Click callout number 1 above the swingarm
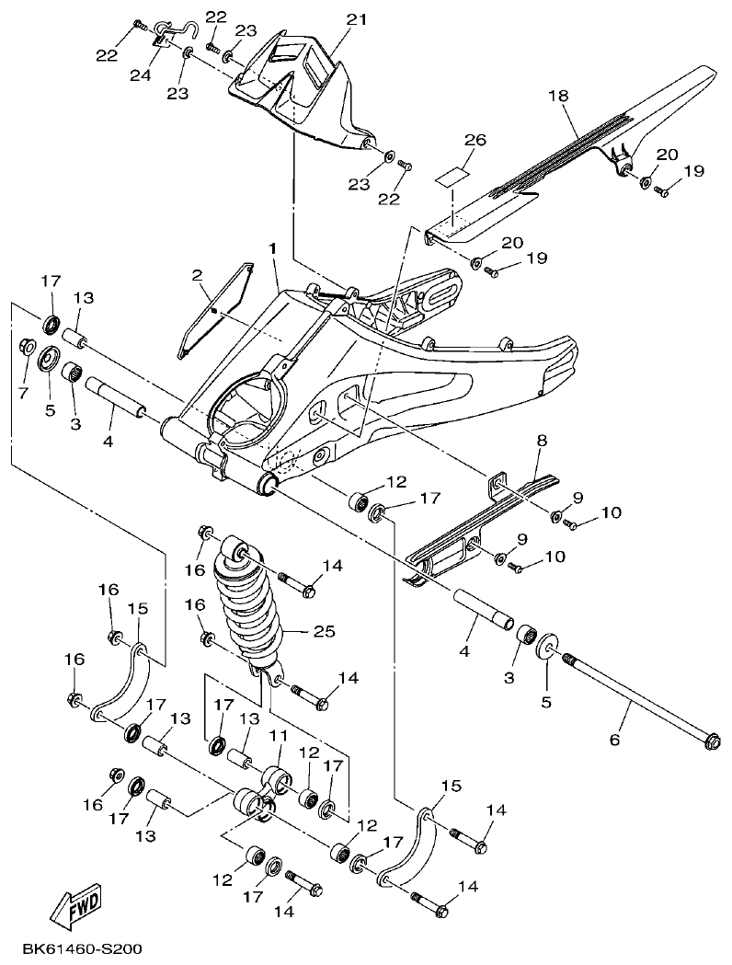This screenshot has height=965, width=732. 272,250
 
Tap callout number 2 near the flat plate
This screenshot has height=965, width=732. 196,276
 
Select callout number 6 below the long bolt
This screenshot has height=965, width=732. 615,739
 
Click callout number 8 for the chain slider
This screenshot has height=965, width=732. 542,442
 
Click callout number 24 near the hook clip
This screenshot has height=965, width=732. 140,75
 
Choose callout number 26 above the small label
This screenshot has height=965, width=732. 475,141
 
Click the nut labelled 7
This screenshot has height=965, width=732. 28,347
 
